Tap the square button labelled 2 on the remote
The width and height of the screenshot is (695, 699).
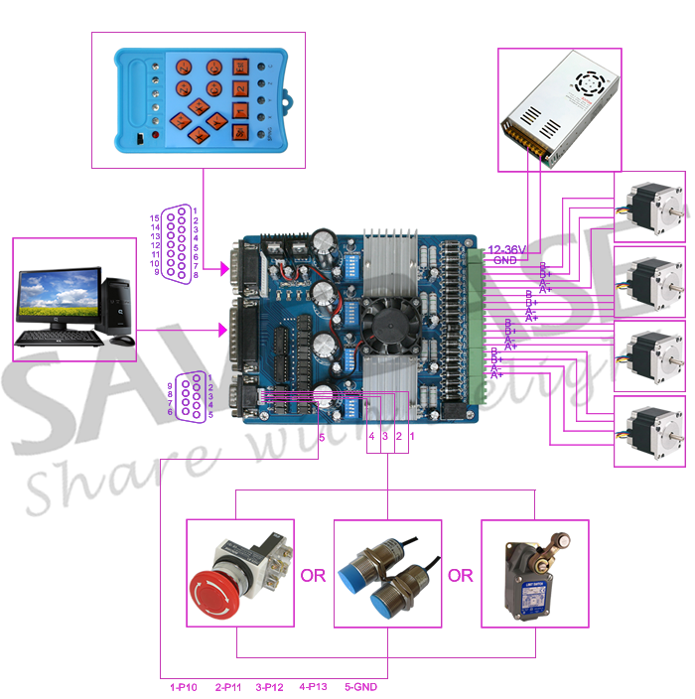click(x=241, y=88)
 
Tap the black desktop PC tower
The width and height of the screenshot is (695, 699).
click(x=119, y=303)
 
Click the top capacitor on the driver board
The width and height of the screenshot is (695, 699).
click(x=324, y=242)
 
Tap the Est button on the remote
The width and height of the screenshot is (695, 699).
click(x=241, y=68)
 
